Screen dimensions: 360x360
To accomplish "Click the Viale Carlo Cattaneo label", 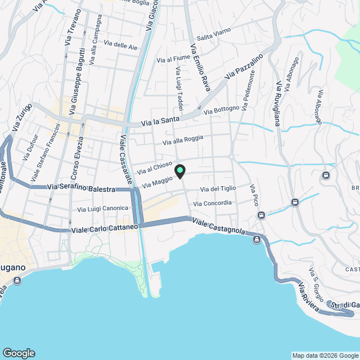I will click(105, 229).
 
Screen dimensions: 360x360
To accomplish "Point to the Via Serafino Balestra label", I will click(82, 188).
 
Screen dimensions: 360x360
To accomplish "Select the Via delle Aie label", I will click(121, 46).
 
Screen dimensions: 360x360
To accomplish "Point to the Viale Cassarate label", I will click(125, 163).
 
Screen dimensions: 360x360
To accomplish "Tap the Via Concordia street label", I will click(212, 203).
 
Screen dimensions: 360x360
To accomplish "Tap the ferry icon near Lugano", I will click(17, 280).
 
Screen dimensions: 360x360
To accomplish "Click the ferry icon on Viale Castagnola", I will click(257, 240).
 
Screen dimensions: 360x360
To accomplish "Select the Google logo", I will click(19, 353).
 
